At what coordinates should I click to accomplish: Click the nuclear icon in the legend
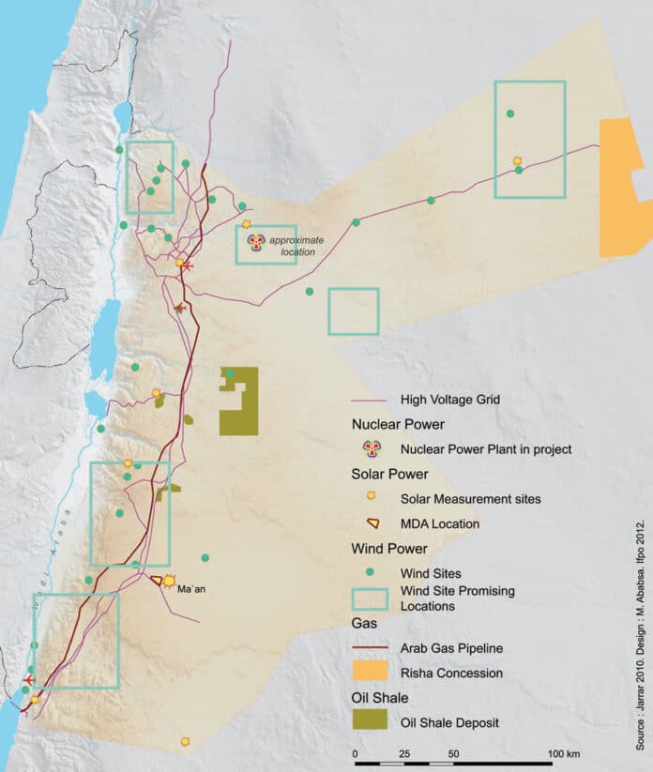[x=372, y=448]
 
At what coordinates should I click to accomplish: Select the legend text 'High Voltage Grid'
[x=449, y=399]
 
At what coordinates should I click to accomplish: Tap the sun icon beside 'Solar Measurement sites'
[x=372, y=497]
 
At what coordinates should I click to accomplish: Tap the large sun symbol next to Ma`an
[x=169, y=581]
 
